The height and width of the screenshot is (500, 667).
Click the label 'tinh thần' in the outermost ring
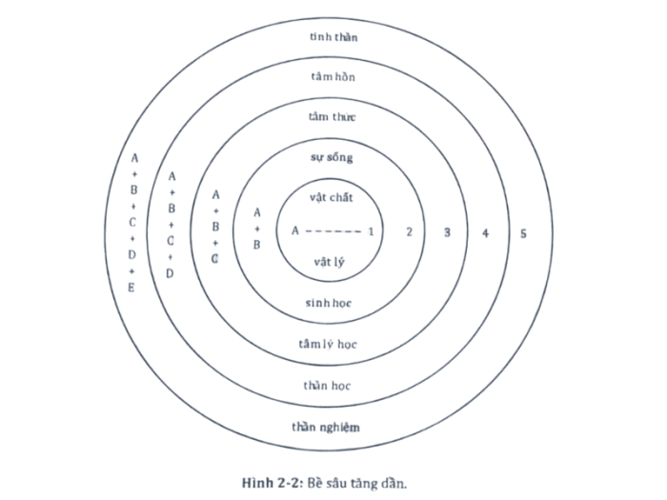point(333,36)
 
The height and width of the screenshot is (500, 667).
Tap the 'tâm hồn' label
point(333,76)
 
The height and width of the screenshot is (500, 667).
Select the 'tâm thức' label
point(332,116)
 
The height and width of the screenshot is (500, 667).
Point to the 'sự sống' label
point(332,157)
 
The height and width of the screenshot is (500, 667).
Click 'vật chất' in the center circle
point(332,197)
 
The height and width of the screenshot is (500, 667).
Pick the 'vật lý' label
point(330,262)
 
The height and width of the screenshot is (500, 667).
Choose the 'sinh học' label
point(329,303)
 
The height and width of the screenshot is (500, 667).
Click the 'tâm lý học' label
point(328,344)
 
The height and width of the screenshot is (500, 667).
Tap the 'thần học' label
point(327,385)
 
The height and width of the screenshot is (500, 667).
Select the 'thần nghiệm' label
point(326,427)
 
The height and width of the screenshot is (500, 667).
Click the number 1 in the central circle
point(371,231)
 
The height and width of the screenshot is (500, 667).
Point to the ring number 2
point(409,231)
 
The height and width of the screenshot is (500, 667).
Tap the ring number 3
point(447,232)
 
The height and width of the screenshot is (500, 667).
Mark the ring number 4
point(485,233)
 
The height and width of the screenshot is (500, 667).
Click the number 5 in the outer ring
point(523,233)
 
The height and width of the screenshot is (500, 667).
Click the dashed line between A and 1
point(333,231)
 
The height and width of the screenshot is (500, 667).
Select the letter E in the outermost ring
point(131,288)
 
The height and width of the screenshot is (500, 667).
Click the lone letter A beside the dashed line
point(295,230)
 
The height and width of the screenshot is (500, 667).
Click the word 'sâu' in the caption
point(339,484)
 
